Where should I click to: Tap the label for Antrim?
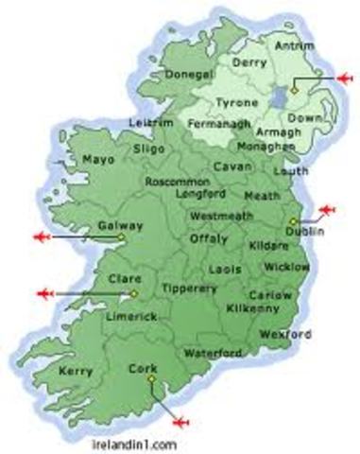tap(289, 44)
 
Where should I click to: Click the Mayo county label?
tap(98, 160)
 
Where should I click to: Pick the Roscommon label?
tap(176, 180)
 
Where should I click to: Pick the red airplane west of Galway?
tap(43, 236)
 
